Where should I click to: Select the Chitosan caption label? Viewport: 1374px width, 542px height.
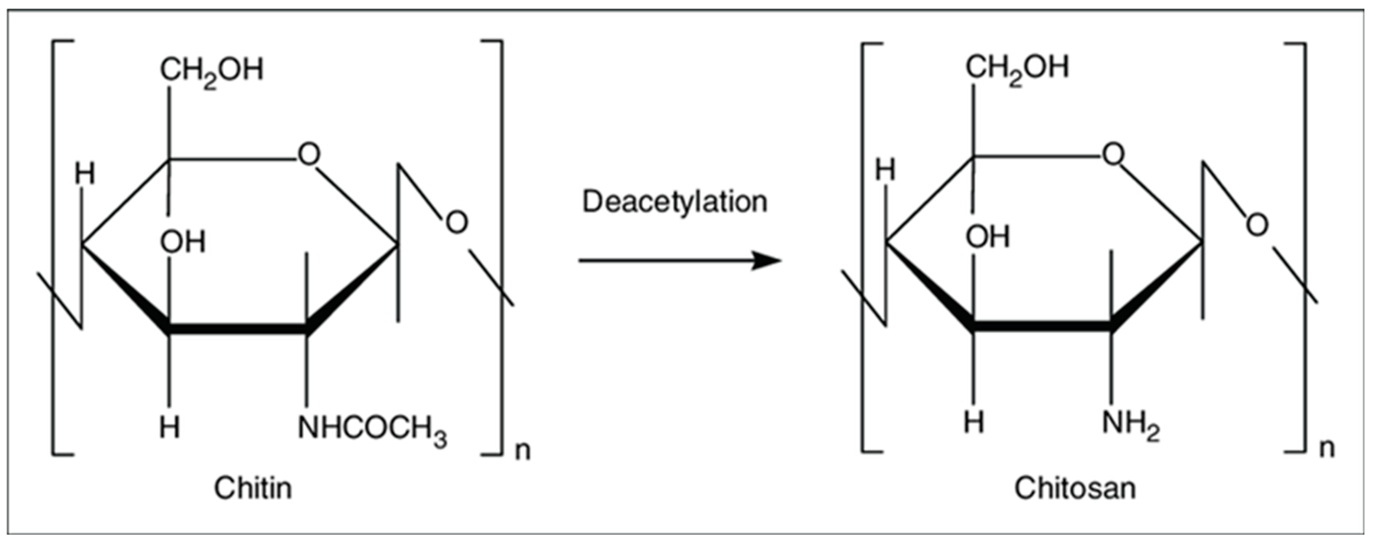1074,488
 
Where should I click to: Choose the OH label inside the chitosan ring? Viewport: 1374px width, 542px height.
987,237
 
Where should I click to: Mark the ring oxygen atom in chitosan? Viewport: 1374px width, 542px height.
1113,155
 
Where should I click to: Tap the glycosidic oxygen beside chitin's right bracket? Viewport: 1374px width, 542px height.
456,223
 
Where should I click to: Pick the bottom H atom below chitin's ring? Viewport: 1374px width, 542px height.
170,427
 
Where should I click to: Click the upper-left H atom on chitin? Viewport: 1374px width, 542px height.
84,174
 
